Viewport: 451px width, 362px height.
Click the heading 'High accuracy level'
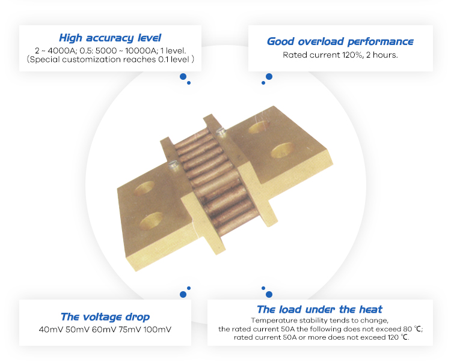point(110,38)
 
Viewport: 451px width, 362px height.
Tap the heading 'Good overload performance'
point(340,41)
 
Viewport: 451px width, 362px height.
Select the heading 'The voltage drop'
point(105,316)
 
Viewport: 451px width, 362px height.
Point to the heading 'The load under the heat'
point(319,309)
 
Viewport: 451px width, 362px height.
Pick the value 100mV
point(158,329)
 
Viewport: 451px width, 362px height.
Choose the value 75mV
point(130,329)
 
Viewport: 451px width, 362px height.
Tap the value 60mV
point(104,329)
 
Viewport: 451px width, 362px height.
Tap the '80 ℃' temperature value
point(411,329)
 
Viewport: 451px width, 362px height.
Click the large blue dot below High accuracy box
point(183,77)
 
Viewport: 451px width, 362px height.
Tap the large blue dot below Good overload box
point(269,77)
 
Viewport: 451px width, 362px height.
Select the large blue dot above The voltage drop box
point(183,294)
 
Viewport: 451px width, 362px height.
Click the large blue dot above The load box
point(269,294)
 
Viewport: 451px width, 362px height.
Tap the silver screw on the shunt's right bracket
point(221,131)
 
